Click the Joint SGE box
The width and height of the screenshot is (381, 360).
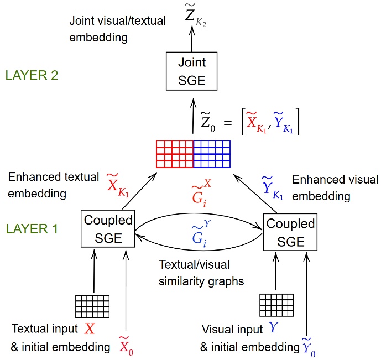coord(191,72)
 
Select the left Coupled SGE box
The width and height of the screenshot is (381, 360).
coord(108,229)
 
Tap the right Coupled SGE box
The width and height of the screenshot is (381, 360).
coord(290,233)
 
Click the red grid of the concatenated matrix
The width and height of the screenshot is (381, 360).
coord(175,154)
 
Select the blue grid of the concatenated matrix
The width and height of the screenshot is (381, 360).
coord(212,154)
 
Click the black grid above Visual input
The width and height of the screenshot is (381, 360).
coord(276,304)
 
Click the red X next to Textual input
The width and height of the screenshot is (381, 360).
coord(90,330)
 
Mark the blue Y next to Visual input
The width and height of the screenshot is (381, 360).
coord(273,328)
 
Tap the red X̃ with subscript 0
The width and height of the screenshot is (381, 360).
coord(127,346)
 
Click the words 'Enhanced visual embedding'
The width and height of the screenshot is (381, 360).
coord(335,187)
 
